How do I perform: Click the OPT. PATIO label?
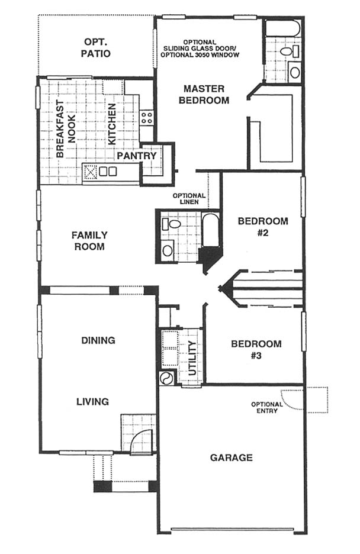95,48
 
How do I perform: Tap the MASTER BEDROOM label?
204,94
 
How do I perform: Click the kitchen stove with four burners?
147,117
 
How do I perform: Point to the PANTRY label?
137,156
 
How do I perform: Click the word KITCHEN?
112,124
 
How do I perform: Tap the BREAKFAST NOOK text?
65,129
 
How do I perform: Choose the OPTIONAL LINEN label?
189,198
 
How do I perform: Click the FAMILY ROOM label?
89,241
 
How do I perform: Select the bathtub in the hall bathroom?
211,230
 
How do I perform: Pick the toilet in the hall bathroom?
171,224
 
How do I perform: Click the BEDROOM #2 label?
263,227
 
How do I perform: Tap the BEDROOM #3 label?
256,349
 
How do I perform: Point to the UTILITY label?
192,358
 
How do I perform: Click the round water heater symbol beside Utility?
166,379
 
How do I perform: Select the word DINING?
98,340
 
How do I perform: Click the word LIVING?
92,401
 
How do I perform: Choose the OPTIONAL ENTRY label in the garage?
267,407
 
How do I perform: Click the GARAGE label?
232,458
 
